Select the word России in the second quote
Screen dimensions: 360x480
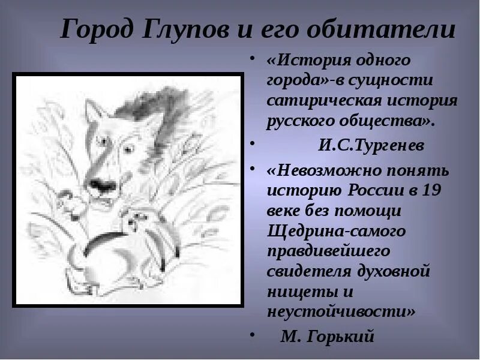[x=374, y=191]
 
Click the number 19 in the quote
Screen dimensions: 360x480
[x=441, y=191]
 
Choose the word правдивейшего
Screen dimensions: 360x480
[x=329, y=250]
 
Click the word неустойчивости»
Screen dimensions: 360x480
[x=341, y=311]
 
